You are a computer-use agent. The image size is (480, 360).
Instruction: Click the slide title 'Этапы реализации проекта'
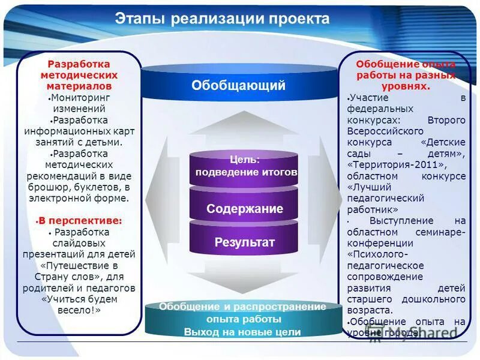pyautogui.click(x=222, y=19)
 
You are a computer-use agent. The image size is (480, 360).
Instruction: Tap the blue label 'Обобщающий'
pyautogui.click(x=238, y=86)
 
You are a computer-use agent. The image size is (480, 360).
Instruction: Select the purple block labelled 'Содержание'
pyautogui.click(x=244, y=209)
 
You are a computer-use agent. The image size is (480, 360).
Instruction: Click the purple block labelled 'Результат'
pyautogui.click(x=244, y=242)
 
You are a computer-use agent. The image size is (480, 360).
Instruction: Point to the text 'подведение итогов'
pyautogui.click(x=246, y=172)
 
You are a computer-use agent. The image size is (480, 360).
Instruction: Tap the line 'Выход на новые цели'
pyautogui.click(x=242, y=332)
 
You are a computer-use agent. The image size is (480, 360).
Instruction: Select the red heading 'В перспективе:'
pyautogui.click(x=80, y=220)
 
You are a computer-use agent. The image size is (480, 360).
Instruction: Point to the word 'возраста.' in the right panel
pyautogui.click(x=370, y=310)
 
